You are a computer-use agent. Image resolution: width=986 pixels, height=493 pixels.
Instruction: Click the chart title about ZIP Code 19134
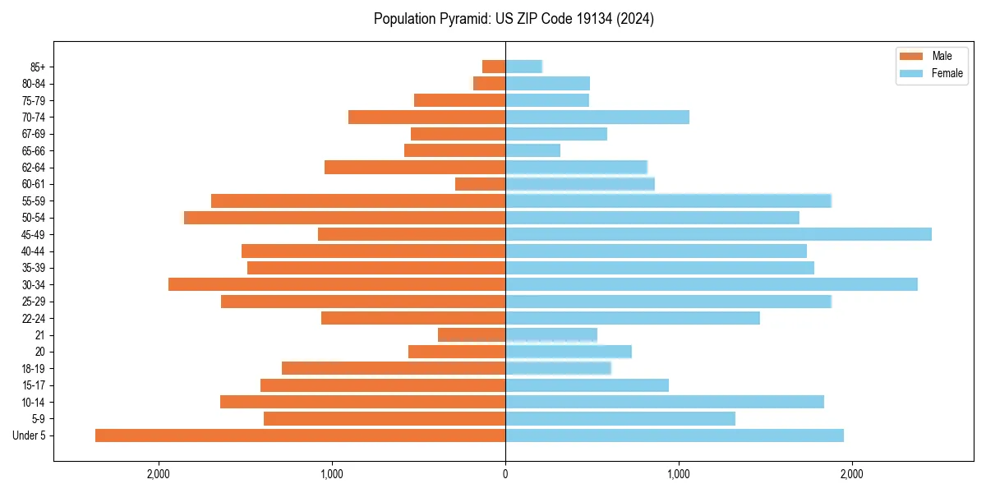(x=514, y=19)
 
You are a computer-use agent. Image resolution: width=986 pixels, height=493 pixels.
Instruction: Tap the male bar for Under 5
(x=300, y=435)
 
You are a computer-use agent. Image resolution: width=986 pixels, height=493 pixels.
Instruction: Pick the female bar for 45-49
(x=718, y=234)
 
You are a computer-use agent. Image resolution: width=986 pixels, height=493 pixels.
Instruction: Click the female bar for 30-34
(x=711, y=284)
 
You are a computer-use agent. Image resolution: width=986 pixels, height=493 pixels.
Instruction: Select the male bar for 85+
(x=494, y=67)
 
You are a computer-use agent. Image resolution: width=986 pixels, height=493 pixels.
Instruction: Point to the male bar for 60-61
(x=480, y=184)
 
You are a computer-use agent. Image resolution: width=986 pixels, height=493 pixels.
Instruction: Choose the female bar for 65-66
(x=532, y=150)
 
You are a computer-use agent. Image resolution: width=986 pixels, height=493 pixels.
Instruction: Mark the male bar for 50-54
(x=344, y=218)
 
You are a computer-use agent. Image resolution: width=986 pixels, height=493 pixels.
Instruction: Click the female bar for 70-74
(x=597, y=117)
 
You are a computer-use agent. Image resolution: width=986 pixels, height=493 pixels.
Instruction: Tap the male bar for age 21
(x=472, y=334)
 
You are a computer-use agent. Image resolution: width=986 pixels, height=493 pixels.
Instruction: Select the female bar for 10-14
(x=665, y=402)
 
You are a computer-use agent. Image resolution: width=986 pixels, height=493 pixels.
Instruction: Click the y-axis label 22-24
(x=34, y=318)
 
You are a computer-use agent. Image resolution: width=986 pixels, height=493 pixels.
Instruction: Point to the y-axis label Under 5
(x=30, y=435)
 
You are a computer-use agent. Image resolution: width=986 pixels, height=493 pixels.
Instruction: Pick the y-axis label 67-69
(x=34, y=134)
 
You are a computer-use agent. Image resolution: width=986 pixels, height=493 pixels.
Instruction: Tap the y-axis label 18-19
(x=34, y=368)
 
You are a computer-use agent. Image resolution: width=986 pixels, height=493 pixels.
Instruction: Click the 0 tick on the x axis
(x=505, y=474)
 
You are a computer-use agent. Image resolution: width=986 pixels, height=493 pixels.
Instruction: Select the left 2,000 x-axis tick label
(x=158, y=474)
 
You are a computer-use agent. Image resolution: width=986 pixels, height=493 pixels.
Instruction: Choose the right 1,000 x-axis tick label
(x=679, y=474)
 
